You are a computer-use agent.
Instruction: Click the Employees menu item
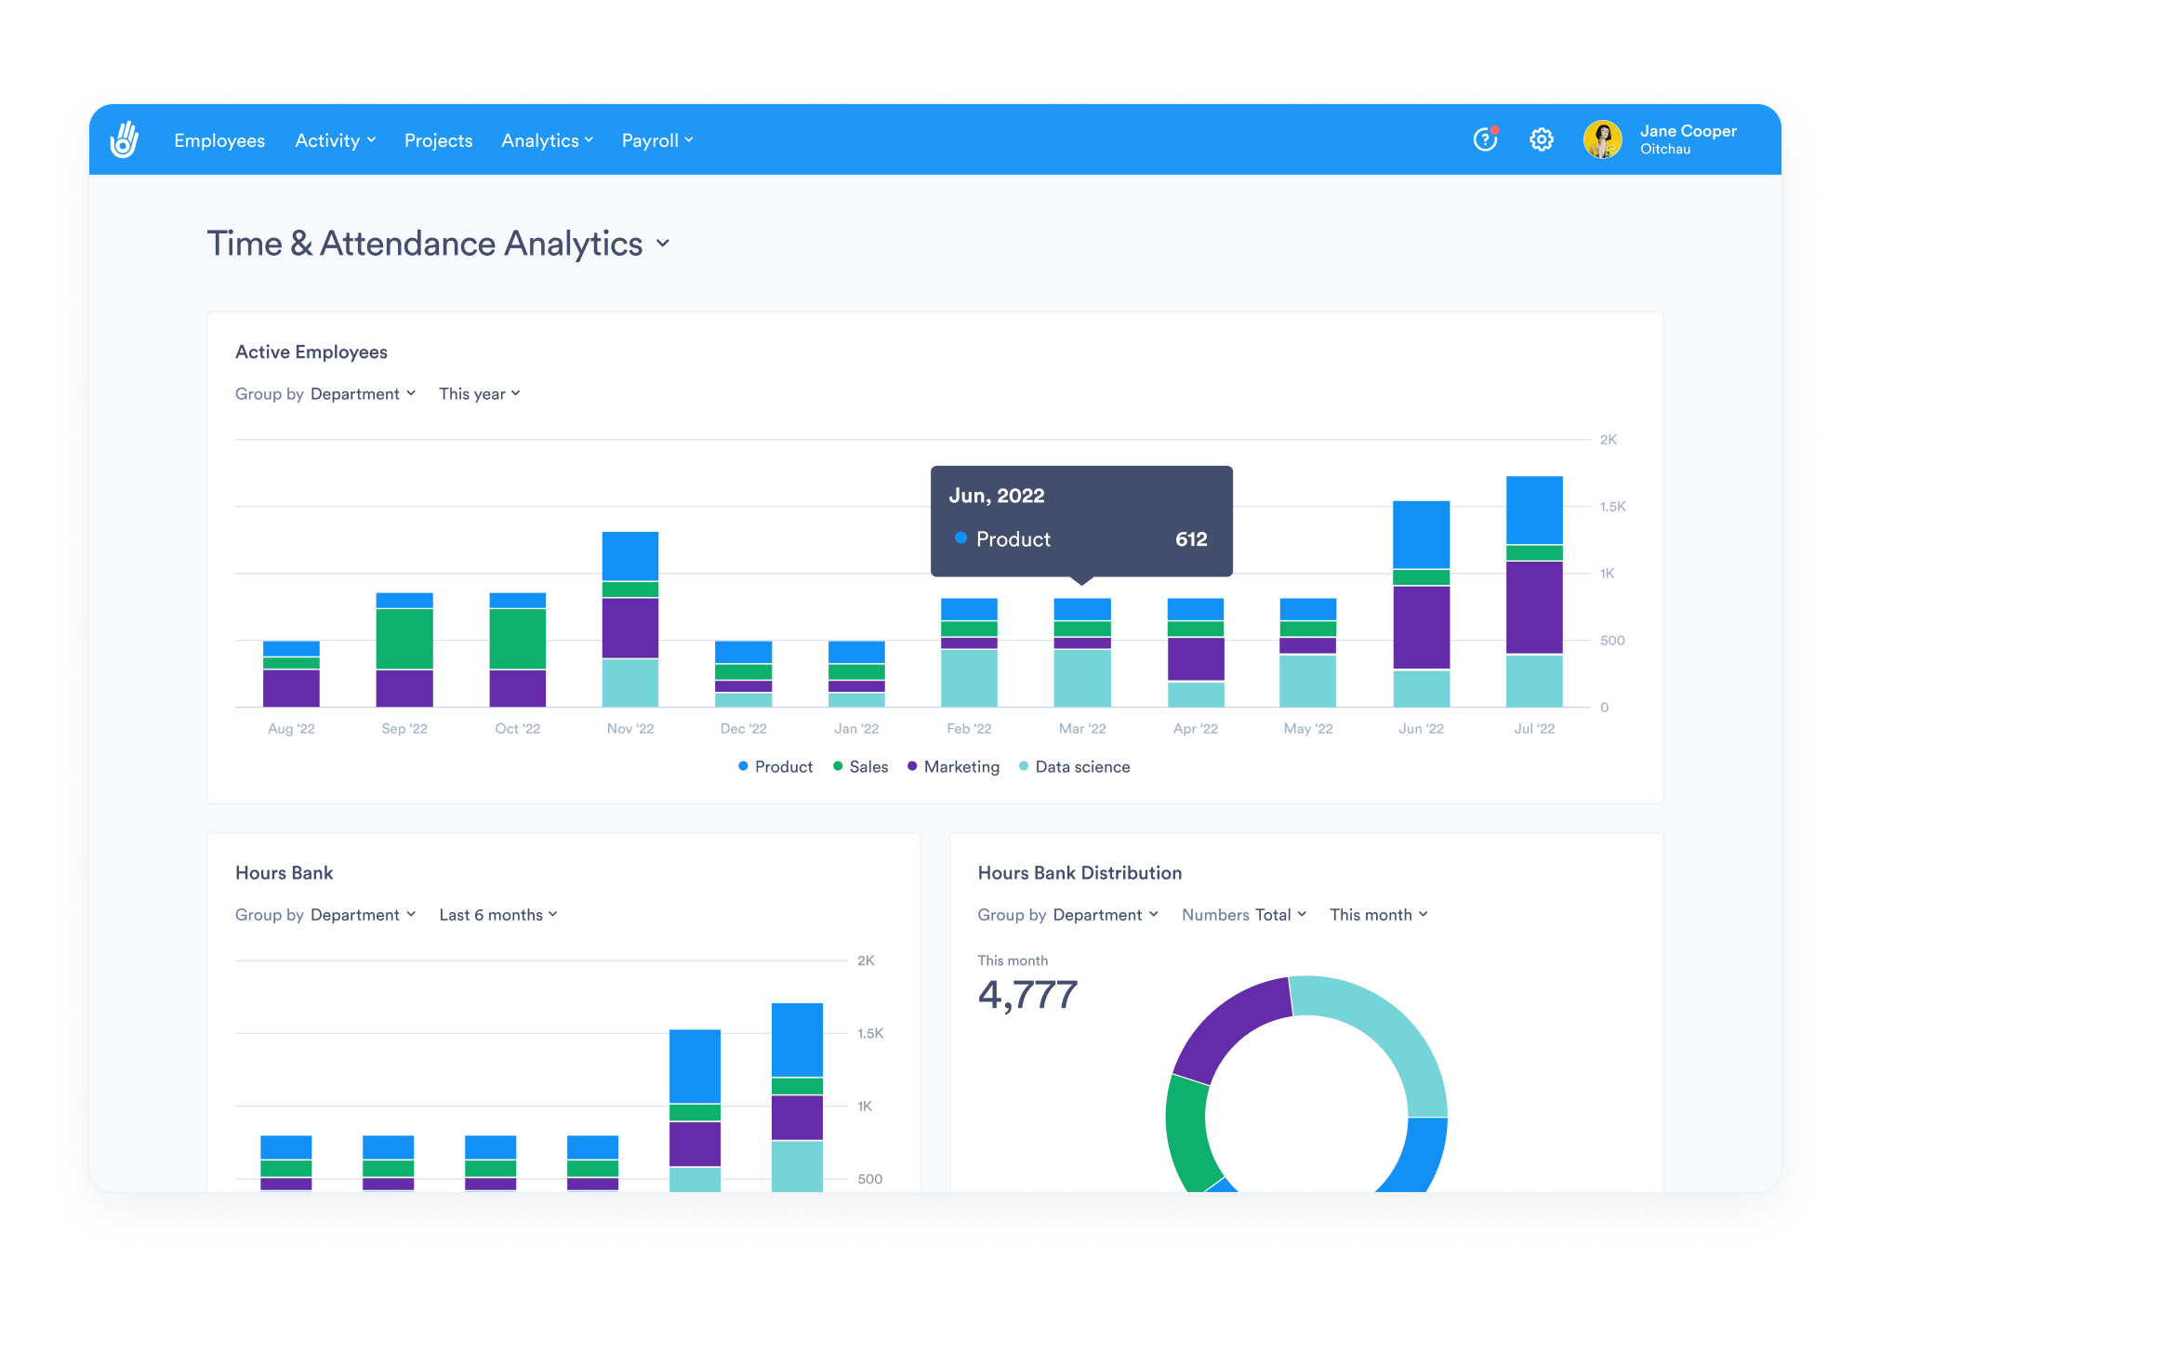coord(219,140)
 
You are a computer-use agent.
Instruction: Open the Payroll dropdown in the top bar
coord(656,140)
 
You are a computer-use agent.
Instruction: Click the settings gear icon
coord(1541,139)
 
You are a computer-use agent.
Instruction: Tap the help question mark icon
coord(1485,139)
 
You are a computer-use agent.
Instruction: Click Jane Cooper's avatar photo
coord(1602,139)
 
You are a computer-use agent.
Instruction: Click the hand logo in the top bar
coord(125,139)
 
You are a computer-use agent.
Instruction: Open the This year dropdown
coord(479,394)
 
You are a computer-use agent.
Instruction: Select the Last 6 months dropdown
coord(497,915)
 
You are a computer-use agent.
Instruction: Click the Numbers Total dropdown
coord(1243,915)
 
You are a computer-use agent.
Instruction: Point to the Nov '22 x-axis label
coord(629,729)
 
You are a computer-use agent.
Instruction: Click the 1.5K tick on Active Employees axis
coord(1612,507)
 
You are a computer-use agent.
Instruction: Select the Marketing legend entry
coord(953,767)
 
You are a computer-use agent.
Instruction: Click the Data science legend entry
coord(1074,767)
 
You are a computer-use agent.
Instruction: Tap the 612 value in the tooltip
coord(1190,539)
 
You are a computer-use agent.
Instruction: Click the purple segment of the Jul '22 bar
coord(1533,607)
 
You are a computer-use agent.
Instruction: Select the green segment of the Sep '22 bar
coord(404,638)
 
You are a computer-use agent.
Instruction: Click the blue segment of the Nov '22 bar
coord(629,556)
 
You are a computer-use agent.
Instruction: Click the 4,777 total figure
coord(1027,995)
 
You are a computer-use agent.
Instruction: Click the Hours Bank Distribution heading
coord(1079,873)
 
